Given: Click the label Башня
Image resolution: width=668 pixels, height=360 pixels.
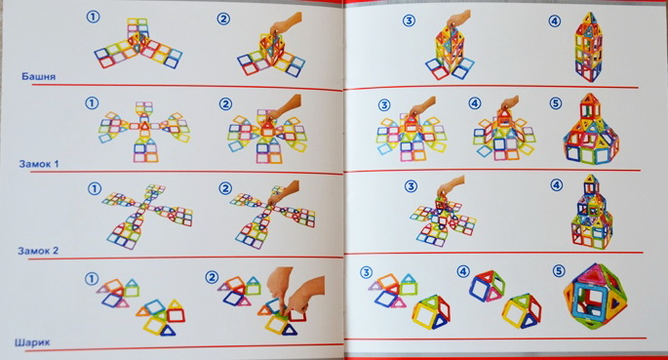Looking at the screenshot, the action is [38, 77].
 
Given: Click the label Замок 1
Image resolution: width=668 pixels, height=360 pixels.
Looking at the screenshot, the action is [39, 164].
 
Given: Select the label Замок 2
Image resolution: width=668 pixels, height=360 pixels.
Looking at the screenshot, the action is [38, 251].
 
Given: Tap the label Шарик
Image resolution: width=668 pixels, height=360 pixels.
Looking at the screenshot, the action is [32, 342].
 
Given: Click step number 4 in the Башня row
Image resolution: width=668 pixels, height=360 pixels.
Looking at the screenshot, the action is [554, 20].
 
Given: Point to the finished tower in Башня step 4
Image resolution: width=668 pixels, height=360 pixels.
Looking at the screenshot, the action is [589, 47].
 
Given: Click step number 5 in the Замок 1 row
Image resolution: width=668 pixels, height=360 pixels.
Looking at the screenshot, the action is [556, 103].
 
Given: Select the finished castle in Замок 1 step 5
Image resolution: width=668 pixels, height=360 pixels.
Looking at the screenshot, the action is [591, 129].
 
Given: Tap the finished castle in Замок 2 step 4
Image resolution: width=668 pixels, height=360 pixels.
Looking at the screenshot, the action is [592, 212].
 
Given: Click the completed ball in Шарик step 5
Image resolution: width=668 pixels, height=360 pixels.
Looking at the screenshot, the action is [596, 296].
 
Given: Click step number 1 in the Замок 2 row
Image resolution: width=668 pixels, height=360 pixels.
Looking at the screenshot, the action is [95, 188].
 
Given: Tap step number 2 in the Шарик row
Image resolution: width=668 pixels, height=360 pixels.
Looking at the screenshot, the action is [212, 278].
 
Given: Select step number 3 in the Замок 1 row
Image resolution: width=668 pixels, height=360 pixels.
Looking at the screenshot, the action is [384, 104].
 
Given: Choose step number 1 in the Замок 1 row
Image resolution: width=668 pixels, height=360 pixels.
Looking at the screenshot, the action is [92, 103].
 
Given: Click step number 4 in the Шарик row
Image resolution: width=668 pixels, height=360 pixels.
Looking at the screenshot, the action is [463, 271].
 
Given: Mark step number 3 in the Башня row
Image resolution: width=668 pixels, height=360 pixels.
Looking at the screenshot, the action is [409, 20].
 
